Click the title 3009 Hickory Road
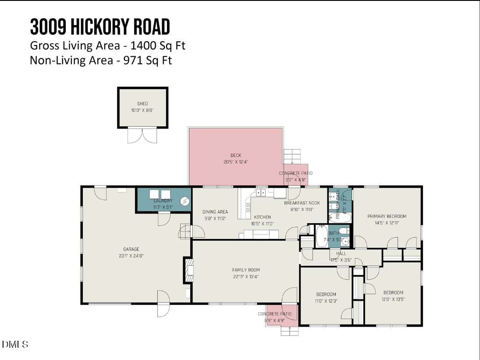click(x=100, y=27)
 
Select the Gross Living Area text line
click(x=104, y=46)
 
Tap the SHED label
click(x=142, y=104)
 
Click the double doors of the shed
click(x=142, y=135)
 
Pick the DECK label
click(x=236, y=155)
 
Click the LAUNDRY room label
click(x=163, y=201)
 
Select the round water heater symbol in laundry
click(x=185, y=201)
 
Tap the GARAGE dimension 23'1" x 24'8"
click(x=131, y=255)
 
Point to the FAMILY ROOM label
click(x=246, y=270)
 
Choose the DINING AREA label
click(x=215, y=212)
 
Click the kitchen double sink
click(x=261, y=192)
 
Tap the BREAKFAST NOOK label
click(x=302, y=203)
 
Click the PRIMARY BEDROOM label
click(x=387, y=216)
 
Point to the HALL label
click(x=341, y=253)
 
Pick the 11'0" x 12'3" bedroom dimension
click(x=326, y=300)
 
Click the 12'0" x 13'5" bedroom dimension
click(x=393, y=299)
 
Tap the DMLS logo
click(x=15, y=344)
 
